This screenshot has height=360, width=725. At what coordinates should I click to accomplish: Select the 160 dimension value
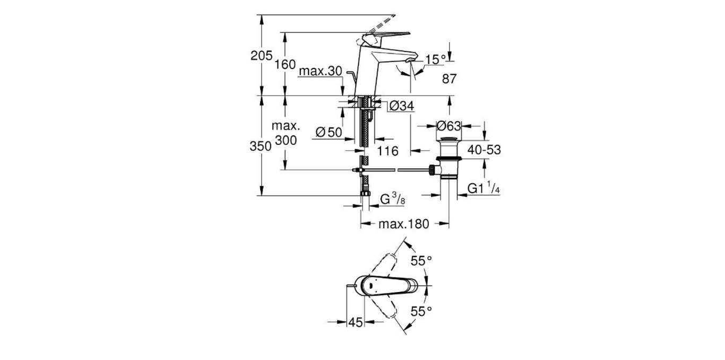click(x=285, y=65)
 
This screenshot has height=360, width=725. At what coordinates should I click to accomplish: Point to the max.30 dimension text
click(x=321, y=71)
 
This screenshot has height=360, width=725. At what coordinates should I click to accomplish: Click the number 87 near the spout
click(x=449, y=79)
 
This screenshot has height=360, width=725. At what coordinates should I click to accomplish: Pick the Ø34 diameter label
click(x=401, y=107)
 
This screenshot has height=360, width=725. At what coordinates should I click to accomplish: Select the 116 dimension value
click(x=387, y=151)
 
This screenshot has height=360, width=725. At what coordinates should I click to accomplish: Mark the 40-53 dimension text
click(x=484, y=151)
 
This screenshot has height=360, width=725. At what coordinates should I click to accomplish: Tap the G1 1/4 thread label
click(x=484, y=189)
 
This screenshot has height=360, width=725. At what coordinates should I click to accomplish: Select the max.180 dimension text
click(x=403, y=224)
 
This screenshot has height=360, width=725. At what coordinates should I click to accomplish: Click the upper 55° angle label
click(x=422, y=261)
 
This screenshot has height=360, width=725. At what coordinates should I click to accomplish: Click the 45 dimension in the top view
click(x=355, y=322)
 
